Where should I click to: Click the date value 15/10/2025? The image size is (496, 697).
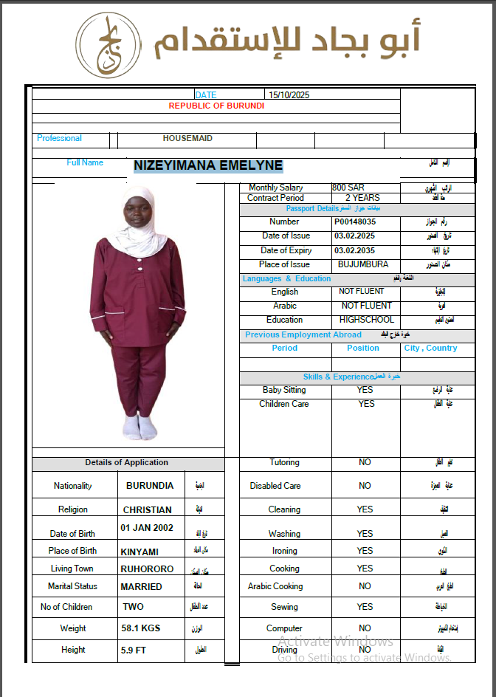289,95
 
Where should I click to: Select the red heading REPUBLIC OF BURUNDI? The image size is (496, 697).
216,106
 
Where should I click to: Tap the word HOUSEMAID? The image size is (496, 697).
187,138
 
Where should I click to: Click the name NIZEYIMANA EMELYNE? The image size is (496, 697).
208,166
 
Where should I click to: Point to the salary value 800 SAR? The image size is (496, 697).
348,188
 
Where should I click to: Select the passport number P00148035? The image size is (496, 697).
355,222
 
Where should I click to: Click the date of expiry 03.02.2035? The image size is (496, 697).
354,250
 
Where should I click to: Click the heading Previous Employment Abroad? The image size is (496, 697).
303,334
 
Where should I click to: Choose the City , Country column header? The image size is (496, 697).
430,348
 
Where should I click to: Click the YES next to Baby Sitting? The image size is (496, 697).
365,390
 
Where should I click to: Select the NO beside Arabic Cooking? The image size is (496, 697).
365,586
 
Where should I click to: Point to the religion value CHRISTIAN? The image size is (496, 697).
148,510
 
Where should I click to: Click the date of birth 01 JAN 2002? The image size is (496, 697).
147,528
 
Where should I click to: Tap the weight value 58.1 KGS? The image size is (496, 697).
141,628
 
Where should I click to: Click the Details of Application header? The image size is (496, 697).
126,463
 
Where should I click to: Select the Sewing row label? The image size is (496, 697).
284,607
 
